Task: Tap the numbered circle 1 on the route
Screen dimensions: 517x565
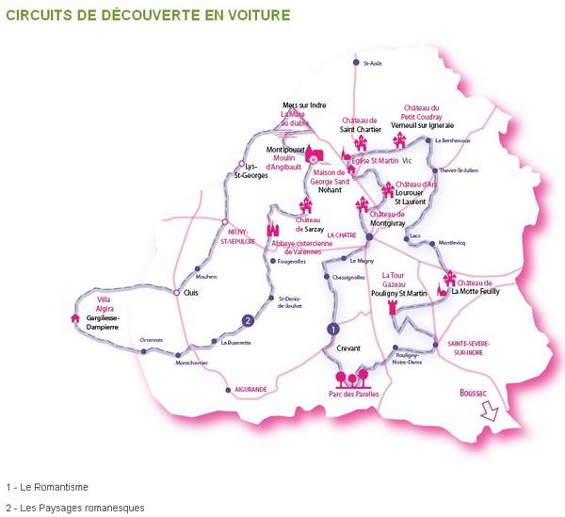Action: point(332,329)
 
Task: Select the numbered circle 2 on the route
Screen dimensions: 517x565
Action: point(247,320)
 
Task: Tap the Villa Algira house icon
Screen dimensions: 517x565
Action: point(75,317)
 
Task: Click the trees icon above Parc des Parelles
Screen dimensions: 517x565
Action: point(353,380)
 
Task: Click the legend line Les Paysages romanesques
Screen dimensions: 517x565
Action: point(74,508)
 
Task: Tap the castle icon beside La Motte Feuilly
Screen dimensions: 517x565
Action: point(449,279)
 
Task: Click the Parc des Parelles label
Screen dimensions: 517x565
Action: point(352,395)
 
